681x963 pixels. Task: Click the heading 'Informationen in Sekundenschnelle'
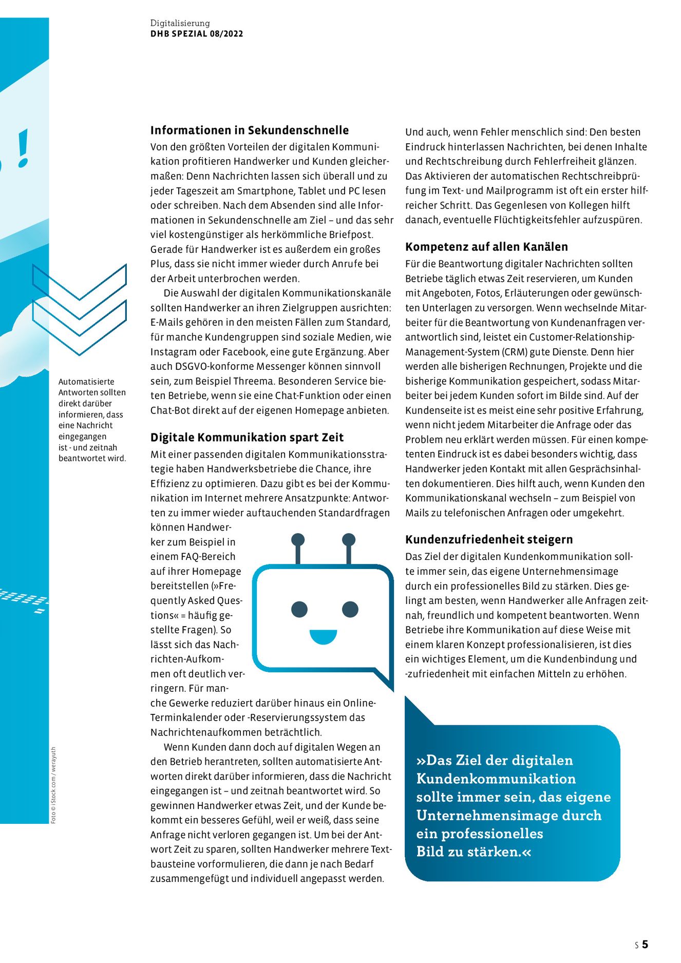(x=249, y=130)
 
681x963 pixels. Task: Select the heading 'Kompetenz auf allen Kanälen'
(x=486, y=247)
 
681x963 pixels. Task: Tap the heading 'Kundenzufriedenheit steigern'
(x=489, y=540)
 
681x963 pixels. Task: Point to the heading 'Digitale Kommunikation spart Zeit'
(x=247, y=438)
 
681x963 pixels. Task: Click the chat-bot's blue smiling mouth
(x=323, y=636)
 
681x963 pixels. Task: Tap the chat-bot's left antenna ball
(x=298, y=539)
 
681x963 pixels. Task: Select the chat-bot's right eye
(x=350, y=609)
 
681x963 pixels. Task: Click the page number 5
(x=645, y=944)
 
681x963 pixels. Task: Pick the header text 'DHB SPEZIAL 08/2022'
(x=197, y=34)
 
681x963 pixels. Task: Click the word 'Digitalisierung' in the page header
(x=180, y=23)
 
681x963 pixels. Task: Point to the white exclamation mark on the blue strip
(x=23, y=148)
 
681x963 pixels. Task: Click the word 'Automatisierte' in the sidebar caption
(x=86, y=382)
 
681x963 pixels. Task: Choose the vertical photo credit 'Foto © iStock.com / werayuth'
(x=53, y=785)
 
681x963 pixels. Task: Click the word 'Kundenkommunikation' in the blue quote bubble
(x=496, y=779)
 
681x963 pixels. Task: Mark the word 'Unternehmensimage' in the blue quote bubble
(x=508, y=815)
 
